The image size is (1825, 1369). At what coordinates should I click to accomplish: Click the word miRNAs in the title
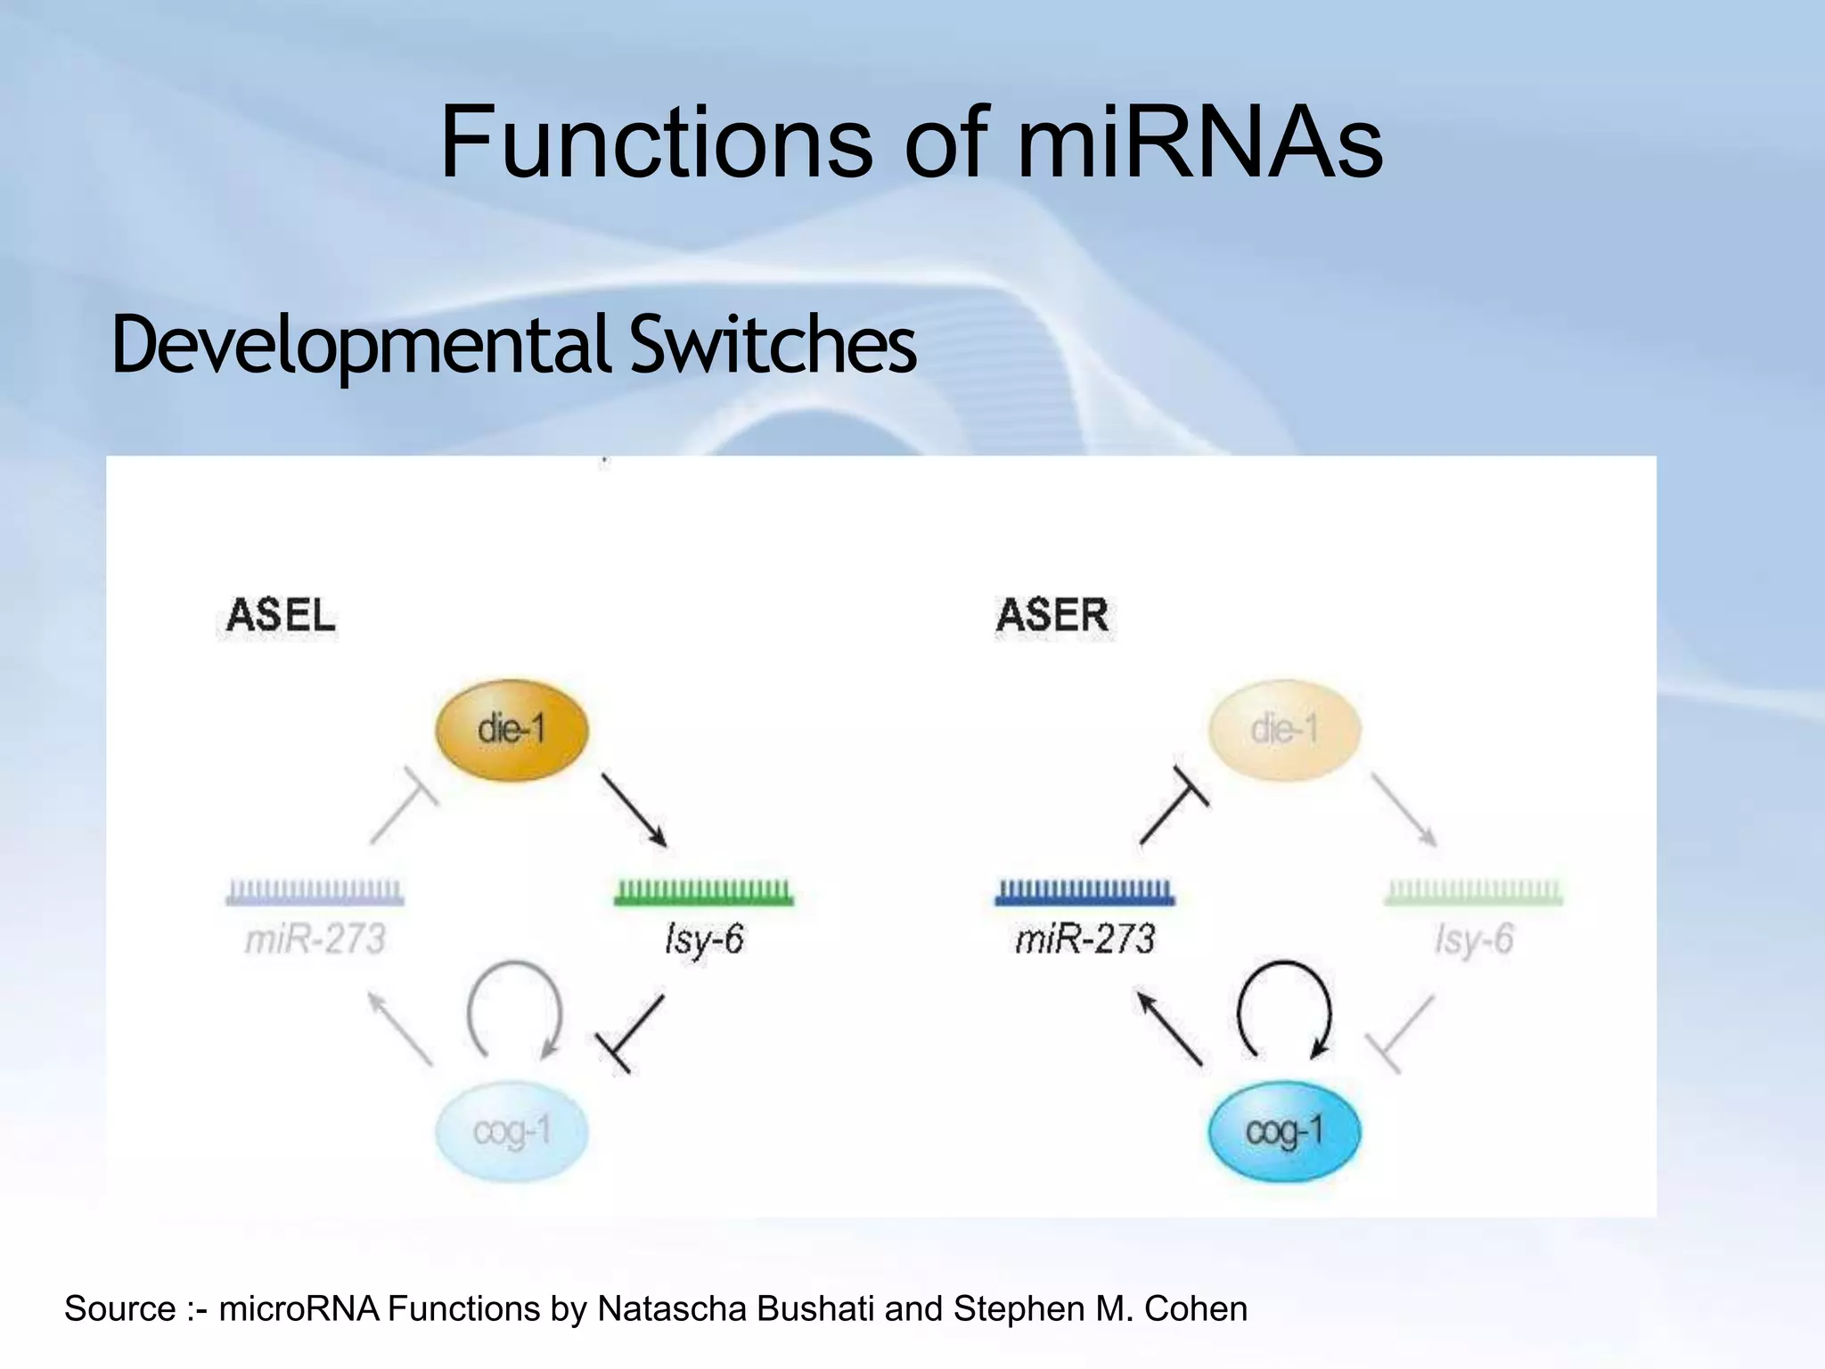tap(1199, 143)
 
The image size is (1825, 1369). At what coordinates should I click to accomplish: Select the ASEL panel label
tap(281, 616)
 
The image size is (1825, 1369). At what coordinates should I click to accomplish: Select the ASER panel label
tap(1052, 616)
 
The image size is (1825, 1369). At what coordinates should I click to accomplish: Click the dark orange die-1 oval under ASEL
tap(511, 730)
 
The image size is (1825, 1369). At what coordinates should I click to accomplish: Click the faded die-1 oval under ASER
tap(1284, 730)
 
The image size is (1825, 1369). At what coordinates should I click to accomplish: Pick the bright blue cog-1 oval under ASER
tap(1284, 1132)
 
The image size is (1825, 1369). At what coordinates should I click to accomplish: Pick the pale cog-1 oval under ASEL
tap(511, 1132)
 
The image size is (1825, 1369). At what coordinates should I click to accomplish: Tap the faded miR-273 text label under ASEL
tap(315, 939)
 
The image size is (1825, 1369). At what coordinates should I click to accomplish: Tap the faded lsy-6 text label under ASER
tap(1474, 939)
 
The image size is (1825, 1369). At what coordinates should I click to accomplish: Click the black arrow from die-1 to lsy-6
tap(634, 809)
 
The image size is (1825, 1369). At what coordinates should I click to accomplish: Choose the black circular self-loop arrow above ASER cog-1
tap(1284, 1007)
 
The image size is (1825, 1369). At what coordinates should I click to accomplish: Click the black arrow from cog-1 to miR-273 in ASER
tap(1169, 1029)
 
